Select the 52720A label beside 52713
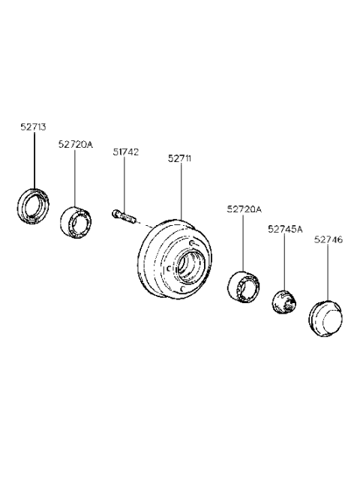pos(76,143)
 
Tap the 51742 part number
pos(125,152)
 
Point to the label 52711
pos(180,158)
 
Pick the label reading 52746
pos(328,239)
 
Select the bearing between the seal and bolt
pos(75,222)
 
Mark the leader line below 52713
pos(33,161)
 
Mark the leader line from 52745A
pos(285,263)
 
